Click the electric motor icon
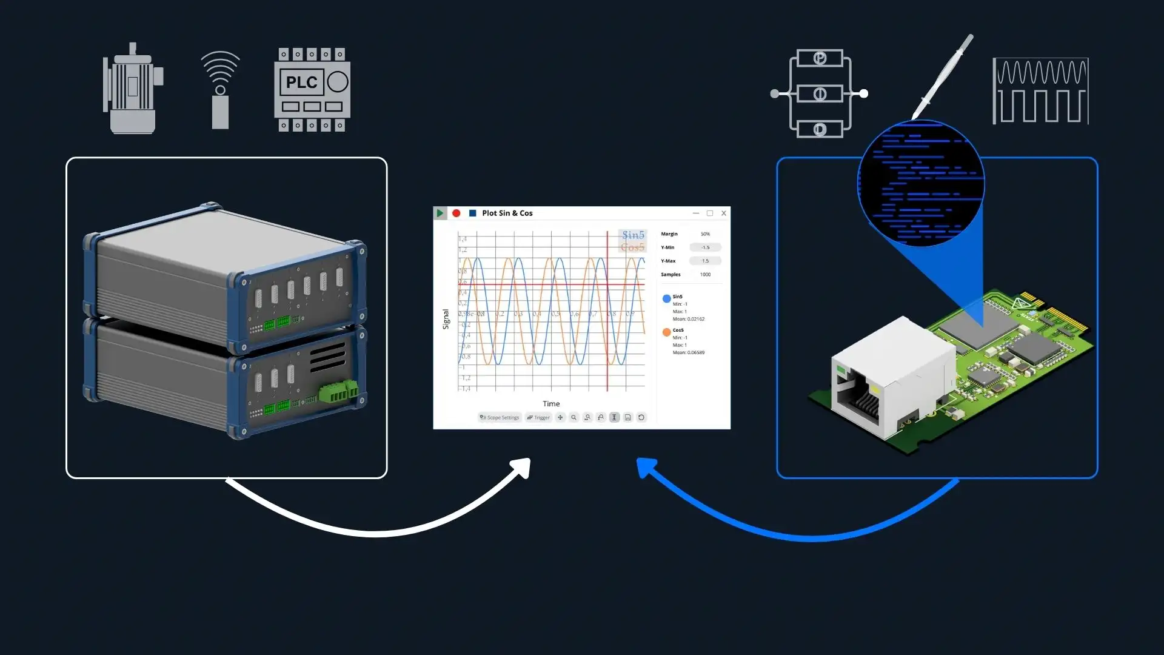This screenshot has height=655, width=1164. click(x=133, y=89)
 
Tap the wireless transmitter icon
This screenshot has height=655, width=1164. click(x=220, y=90)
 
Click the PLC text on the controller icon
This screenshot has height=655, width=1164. click(x=301, y=82)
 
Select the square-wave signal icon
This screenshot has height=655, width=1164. click(x=1040, y=91)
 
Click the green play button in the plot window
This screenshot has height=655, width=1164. click(x=440, y=213)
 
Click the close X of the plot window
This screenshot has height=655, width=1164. click(x=723, y=213)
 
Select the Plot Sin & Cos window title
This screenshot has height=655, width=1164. click(x=507, y=213)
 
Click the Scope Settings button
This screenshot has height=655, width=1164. click(x=500, y=417)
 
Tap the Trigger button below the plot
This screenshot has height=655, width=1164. click(x=538, y=417)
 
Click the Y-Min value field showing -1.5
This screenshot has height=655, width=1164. click(x=705, y=247)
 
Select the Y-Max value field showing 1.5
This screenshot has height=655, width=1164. click(x=705, y=261)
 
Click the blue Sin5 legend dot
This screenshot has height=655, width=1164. click(x=666, y=298)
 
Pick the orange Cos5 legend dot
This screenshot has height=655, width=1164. click(x=666, y=332)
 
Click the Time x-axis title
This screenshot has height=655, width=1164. click(x=551, y=403)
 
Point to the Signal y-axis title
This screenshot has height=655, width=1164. click(x=446, y=319)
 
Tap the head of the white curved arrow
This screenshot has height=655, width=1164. click(x=522, y=468)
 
